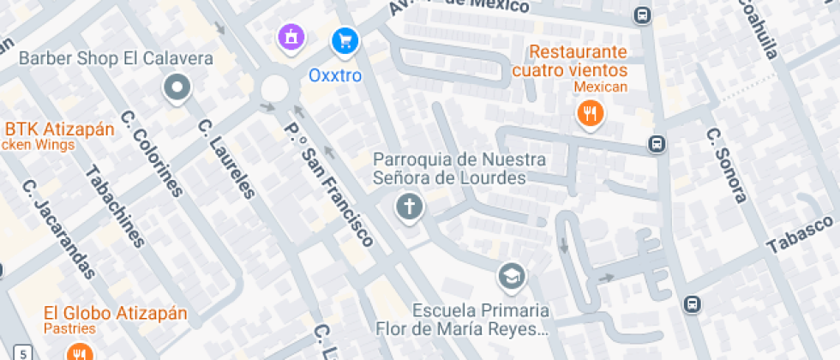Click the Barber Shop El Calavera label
[116, 58]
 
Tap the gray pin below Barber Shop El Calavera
[177, 87]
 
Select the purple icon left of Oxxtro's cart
[291, 37]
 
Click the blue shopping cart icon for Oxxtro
[345, 40]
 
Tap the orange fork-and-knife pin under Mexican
[589, 112]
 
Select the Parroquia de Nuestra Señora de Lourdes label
[448, 169]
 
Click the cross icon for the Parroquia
[410, 207]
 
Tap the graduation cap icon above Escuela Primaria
[512, 276]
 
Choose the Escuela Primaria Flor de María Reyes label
[462, 319]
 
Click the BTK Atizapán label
[58, 129]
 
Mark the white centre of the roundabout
[274, 87]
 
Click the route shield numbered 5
[23, 351]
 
